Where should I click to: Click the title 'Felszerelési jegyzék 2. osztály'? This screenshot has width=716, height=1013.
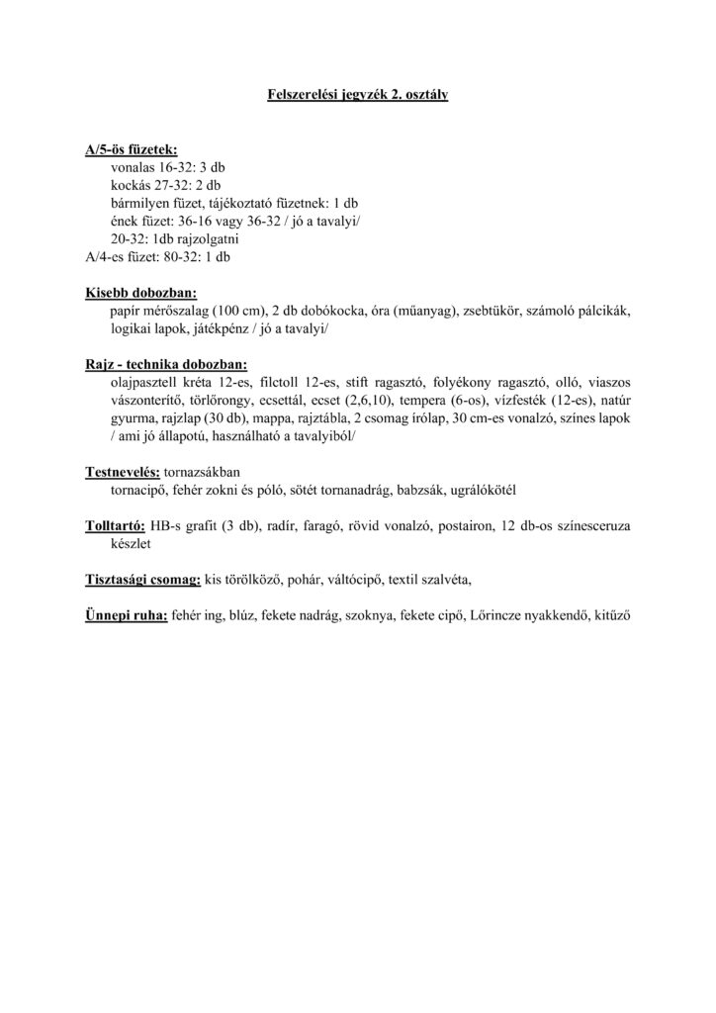358,96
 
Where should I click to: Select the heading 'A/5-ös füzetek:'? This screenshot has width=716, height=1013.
132,149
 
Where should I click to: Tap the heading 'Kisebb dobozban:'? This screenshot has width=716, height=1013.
140,293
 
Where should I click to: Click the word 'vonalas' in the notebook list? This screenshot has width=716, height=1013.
134,168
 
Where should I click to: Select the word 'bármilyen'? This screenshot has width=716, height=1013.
139,204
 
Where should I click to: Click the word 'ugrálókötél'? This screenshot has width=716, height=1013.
484,490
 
